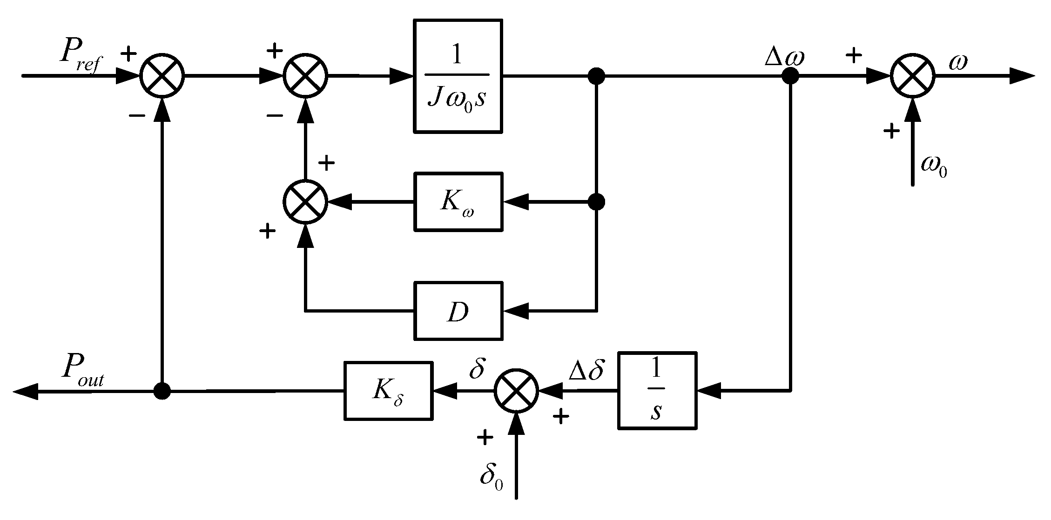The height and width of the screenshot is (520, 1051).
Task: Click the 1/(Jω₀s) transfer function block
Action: [458, 76]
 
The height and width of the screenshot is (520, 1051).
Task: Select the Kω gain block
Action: [458, 202]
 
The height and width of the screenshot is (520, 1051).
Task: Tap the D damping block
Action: [458, 311]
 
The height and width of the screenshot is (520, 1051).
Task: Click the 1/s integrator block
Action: [657, 390]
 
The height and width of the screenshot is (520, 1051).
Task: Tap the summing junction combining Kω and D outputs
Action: [305, 202]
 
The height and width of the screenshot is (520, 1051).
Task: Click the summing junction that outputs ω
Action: [912, 76]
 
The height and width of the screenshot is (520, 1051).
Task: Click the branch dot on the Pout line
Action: [162, 391]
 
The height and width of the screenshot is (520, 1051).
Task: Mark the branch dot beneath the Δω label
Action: [790, 76]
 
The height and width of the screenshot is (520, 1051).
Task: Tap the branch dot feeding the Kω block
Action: [596, 202]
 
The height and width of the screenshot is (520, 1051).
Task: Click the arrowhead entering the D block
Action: [516, 311]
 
